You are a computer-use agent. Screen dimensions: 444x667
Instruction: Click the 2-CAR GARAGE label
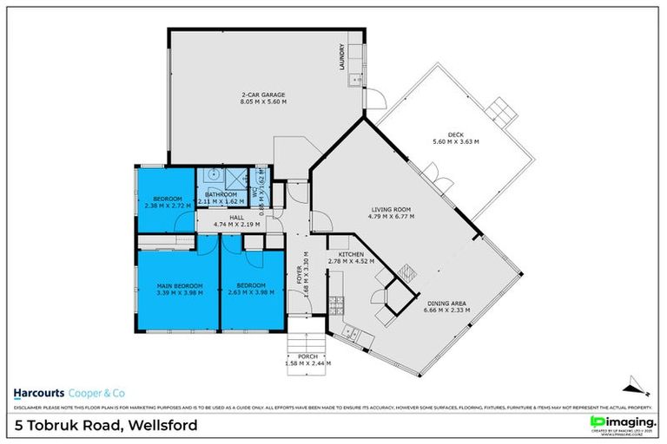tap(263, 95)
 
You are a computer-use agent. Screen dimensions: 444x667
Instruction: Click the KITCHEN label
tap(351, 254)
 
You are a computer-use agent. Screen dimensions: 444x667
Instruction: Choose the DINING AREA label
tap(446, 301)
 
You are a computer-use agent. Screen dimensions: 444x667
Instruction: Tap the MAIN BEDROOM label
tap(181, 286)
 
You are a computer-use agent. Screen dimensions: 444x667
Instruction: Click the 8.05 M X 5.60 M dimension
tap(263, 102)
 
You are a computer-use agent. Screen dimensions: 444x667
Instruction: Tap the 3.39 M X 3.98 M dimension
tap(181, 293)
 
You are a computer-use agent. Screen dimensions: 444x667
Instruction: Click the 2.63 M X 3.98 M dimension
tap(254, 293)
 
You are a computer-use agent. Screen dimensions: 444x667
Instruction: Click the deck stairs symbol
tap(500, 111)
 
